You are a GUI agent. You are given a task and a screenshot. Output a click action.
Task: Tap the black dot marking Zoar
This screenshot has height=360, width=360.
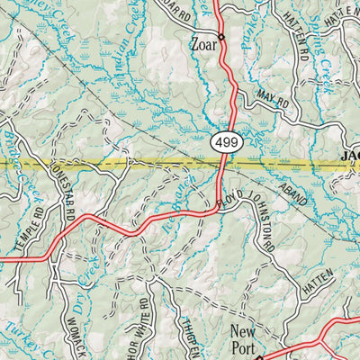click(221, 38)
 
